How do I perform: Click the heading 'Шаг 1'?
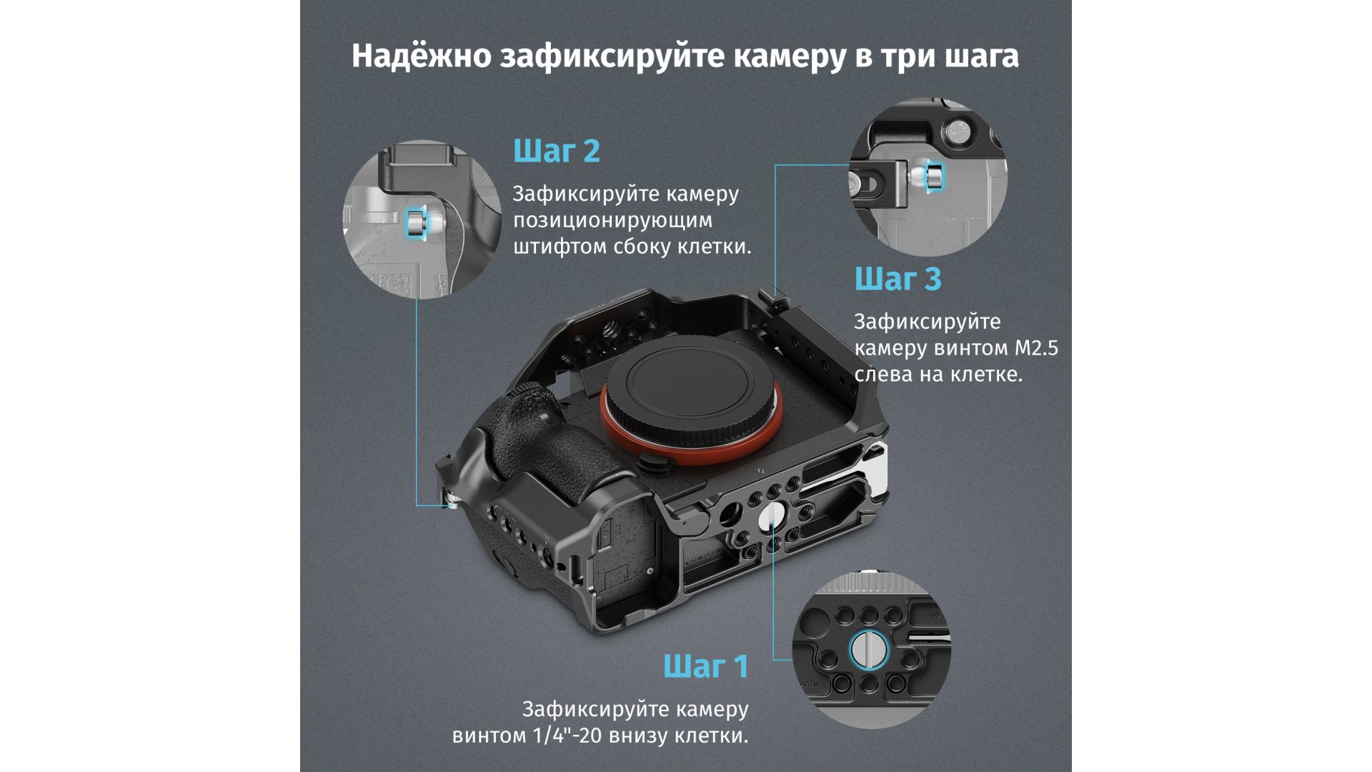click(x=705, y=666)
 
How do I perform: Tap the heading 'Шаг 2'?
click(x=557, y=151)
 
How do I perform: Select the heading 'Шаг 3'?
click(x=898, y=279)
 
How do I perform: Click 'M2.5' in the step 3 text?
click(x=1036, y=348)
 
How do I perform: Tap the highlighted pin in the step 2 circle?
click(x=414, y=223)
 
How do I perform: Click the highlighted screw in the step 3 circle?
click(x=934, y=176)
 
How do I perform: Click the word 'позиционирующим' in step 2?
click(x=613, y=221)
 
